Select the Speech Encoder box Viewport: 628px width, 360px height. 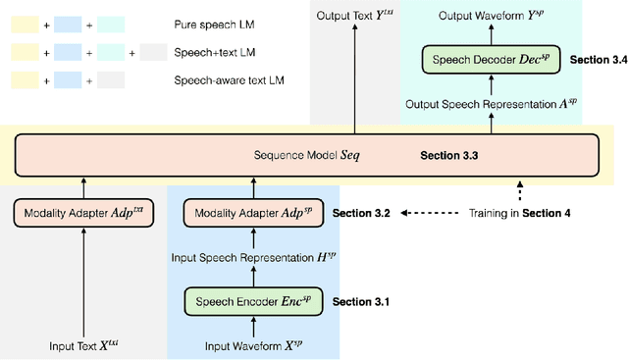click(x=253, y=300)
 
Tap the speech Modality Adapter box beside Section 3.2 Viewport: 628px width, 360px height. click(x=253, y=212)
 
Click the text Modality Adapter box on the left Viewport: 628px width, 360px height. click(x=83, y=212)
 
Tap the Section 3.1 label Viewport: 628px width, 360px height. click(x=362, y=301)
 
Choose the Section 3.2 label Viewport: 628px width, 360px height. click(x=362, y=212)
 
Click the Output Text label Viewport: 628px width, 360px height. click(x=354, y=16)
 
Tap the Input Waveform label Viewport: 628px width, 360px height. click(x=253, y=346)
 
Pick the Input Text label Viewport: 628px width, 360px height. click(x=83, y=346)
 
